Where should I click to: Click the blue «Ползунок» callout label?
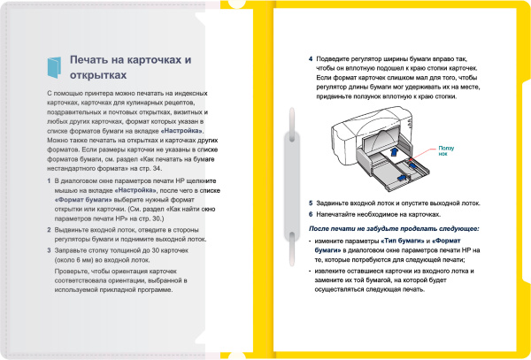pos(445,149)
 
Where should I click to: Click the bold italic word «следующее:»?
pos(454,229)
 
